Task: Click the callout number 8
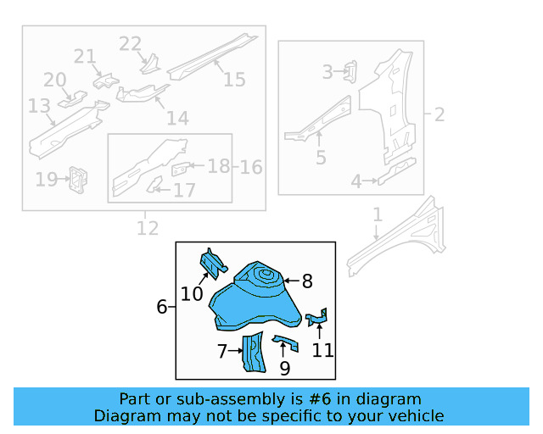(x=307, y=281)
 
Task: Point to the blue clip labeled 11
(x=317, y=317)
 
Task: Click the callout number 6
(x=162, y=307)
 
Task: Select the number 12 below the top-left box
(x=147, y=227)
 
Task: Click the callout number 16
(x=250, y=166)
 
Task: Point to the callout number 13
(x=39, y=106)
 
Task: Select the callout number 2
(x=439, y=114)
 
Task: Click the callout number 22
(x=130, y=44)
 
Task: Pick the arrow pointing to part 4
(x=370, y=180)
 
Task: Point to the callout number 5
(x=320, y=157)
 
